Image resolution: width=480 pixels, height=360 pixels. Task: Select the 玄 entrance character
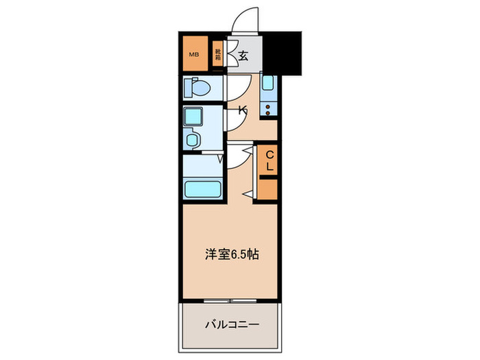tap(243, 56)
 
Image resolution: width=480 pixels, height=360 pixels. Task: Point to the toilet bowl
tap(200, 88)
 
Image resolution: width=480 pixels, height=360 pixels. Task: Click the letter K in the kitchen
tap(242, 109)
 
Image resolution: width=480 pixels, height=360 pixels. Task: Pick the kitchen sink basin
tap(269, 84)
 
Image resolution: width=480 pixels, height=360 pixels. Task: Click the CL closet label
tap(269, 160)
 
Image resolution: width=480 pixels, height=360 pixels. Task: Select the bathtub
tap(204, 189)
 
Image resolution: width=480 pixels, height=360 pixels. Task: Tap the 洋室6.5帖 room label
tap(230, 254)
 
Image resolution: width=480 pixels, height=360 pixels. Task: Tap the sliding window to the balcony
tap(231, 301)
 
